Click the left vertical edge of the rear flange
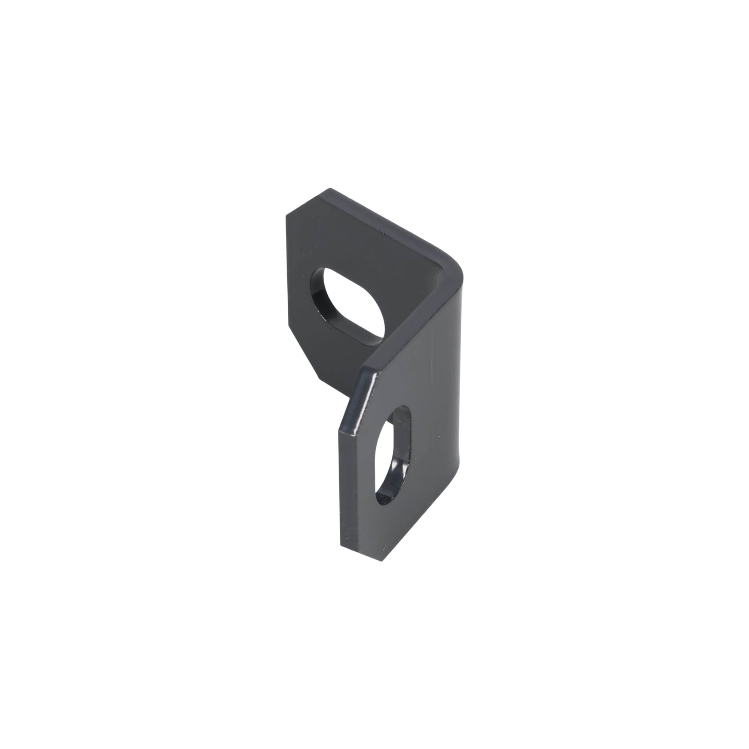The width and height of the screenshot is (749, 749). (x=287, y=272)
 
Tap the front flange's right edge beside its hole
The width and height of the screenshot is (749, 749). (x=460, y=446)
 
